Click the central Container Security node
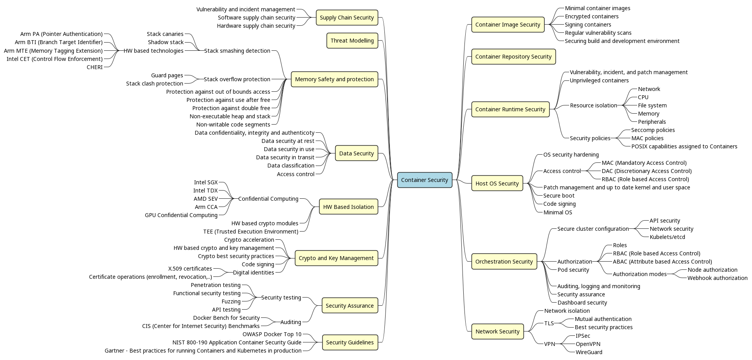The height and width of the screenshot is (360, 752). [x=424, y=180]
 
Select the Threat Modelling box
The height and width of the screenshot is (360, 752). [x=352, y=41]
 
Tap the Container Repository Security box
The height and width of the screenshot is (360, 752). [x=513, y=57]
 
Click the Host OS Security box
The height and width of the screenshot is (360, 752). [x=497, y=183]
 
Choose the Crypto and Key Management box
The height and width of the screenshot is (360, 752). [x=336, y=258]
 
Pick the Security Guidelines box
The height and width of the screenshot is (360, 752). [x=350, y=342]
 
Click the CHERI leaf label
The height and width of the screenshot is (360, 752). [x=95, y=67]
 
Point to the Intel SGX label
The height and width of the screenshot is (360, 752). [x=205, y=182]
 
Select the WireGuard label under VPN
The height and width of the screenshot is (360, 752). [x=589, y=352]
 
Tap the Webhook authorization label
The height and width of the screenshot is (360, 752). [x=717, y=278]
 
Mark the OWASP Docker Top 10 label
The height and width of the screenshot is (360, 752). [x=272, y=334]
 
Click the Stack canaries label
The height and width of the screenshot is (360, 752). [x=165, y=34]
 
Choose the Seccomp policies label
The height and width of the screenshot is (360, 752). [x=653, y=130]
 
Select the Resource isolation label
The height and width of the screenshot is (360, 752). [x=593, y=105]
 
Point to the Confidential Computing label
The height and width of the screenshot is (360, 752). [x=268, y=199]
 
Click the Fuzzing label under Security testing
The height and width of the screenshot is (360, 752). [x=231, y=301]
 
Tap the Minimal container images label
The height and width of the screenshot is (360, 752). [x=597, y=8]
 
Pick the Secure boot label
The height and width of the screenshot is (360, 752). [x=559, y=196]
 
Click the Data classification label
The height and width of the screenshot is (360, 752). [x=291, y=166]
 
